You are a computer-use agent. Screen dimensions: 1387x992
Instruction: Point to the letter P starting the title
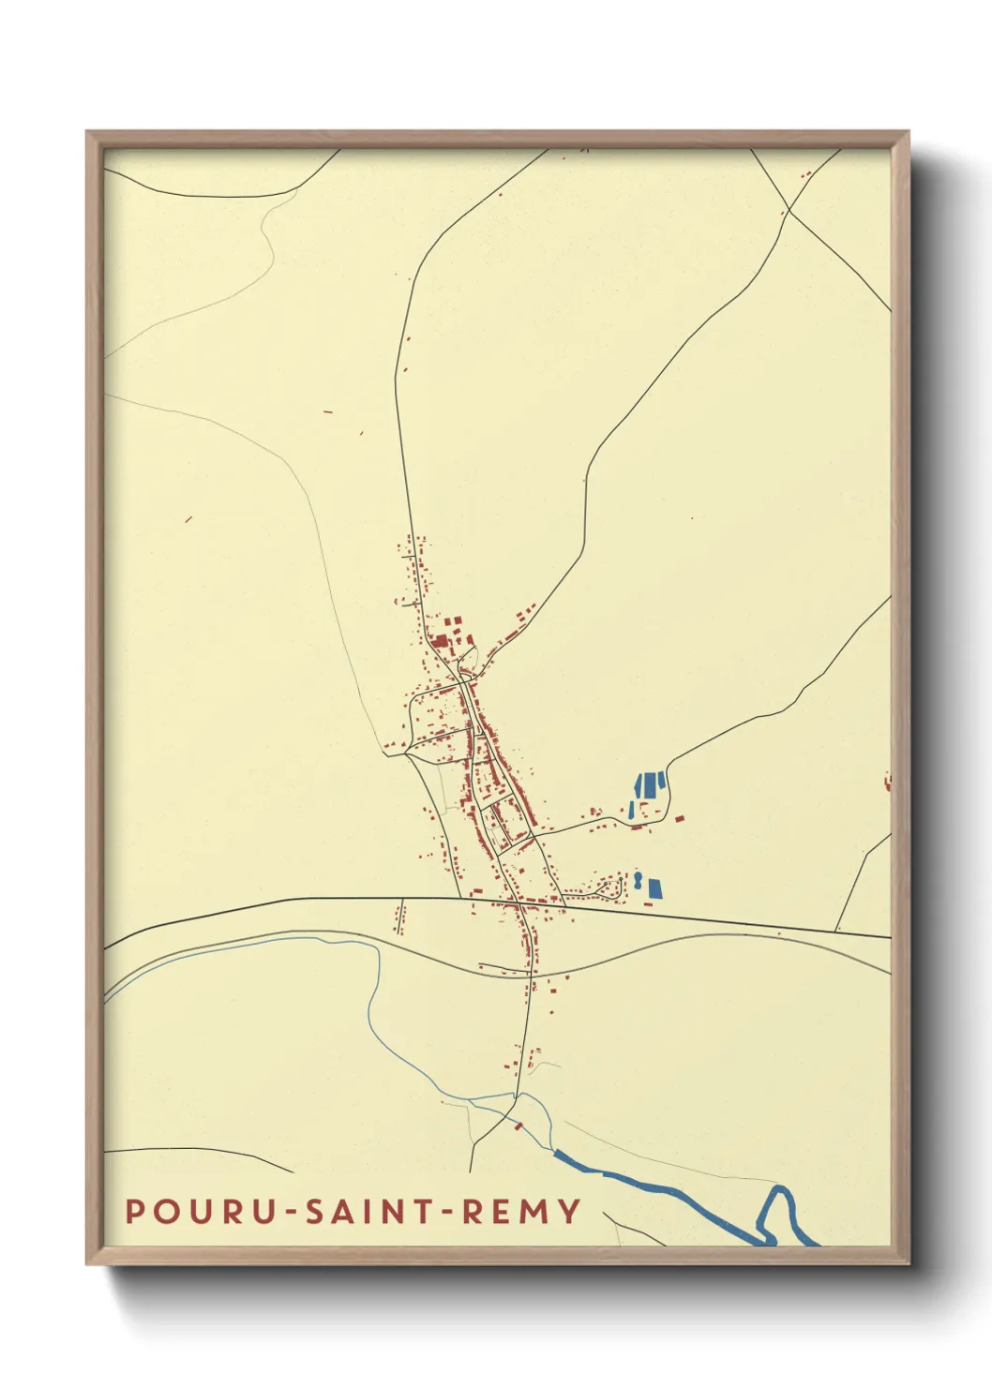tap(134, 1211)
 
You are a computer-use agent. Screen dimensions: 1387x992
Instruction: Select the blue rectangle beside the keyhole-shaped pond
tap(654, 888)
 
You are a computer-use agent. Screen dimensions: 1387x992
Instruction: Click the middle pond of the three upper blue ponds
tap(648, 784)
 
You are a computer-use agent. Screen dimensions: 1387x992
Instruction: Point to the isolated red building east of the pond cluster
tap(678, 817)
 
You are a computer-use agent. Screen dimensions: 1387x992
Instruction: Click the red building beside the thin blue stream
tap(517, 1126)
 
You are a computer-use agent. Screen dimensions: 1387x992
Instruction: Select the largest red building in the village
tap(441, 642)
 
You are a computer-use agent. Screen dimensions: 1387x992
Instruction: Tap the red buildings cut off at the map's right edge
tap(887, 782)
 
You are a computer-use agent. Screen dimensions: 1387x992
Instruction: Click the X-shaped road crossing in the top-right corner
tap(789, 210)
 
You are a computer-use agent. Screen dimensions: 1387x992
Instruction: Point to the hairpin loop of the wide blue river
tap(776, 1194)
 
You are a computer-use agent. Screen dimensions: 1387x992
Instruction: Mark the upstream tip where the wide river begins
tap(556, 1154)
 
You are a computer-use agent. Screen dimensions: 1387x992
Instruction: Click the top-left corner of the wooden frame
tap(88, 133)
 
